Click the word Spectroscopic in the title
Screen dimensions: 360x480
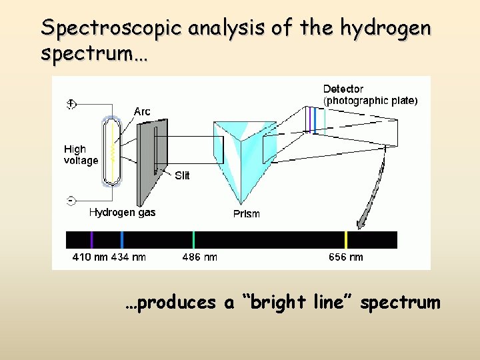click(111, 28)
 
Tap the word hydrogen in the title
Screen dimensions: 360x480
click(385, 29)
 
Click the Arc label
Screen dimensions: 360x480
click(142, 111)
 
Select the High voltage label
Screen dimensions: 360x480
click(81, 155)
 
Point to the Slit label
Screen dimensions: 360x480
click(182, 175)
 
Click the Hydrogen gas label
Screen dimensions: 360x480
click(123, 212)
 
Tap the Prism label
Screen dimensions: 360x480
click(246, 213)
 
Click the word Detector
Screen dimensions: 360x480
click(343, 89)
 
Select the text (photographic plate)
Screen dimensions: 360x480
click(370, 101)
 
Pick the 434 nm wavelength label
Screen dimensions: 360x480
click(128, 257)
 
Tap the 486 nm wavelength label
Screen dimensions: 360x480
click(199, 257)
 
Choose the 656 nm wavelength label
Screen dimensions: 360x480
click(346, 257)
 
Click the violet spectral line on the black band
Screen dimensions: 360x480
click(92, 240)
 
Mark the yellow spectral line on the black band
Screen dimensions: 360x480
click(345, 240)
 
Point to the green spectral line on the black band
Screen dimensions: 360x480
click(193, 240)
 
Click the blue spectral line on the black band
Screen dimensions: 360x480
click(122, 240)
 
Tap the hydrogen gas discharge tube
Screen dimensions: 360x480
click(112, 150)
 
